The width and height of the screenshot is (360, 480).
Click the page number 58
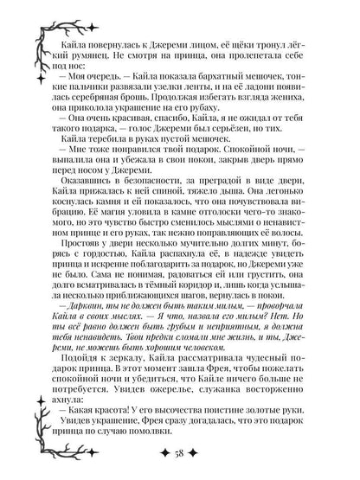coord(180,457)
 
